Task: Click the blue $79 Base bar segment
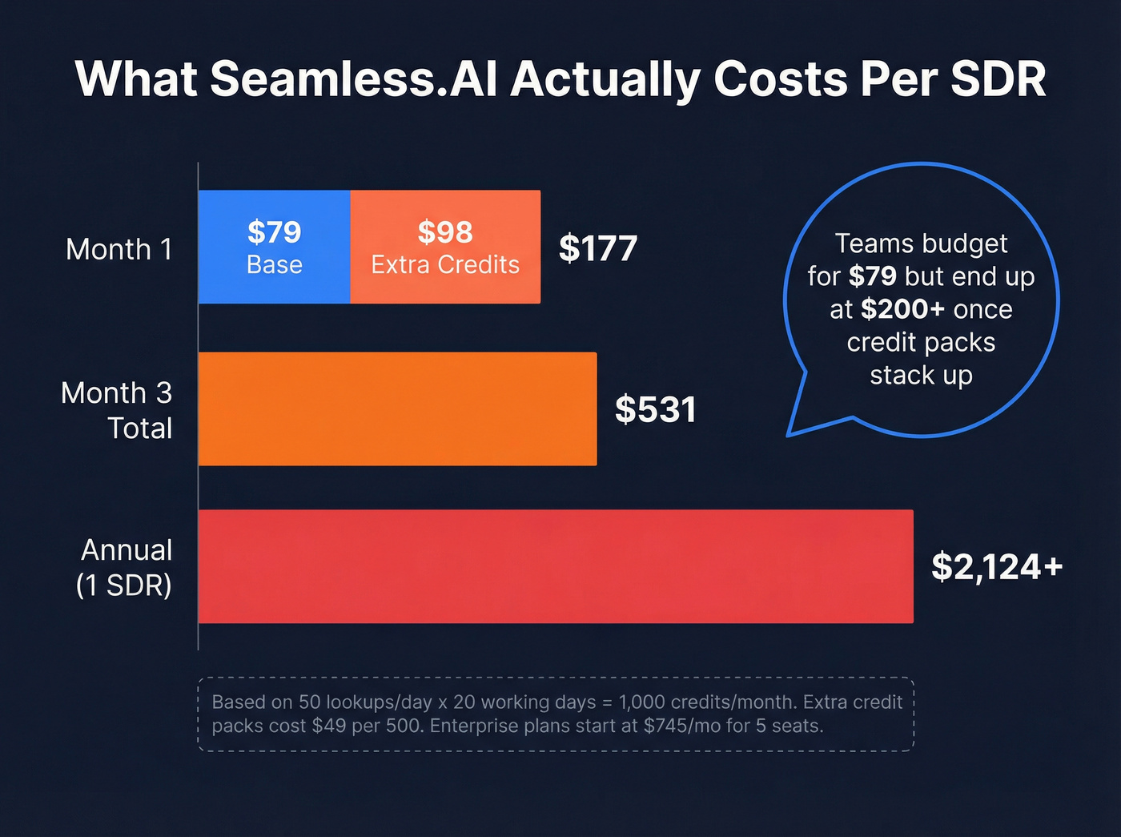click(274, 247)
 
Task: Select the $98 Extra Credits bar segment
click(445, 247)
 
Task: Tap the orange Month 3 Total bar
click(397, 408)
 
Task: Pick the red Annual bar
click(556, 566)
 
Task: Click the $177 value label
click(598, 248)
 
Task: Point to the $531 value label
click(655, 409)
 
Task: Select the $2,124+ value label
click(997, 567)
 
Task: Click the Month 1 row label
click(119, 249)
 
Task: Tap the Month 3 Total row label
click(117, 410)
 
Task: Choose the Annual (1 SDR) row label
click(124, 567)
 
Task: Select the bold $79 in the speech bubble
click(872, 276)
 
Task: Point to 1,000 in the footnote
click(641, 702)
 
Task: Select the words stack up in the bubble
click(921, 375)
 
